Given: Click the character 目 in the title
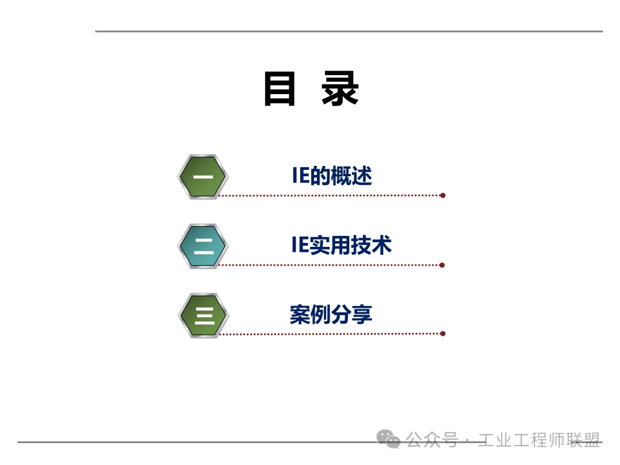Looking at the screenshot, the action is click(280, 90).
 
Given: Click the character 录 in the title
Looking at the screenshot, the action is click(340, 90).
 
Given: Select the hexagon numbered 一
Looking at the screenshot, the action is click(203, 177).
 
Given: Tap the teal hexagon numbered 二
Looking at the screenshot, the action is click(203, 246).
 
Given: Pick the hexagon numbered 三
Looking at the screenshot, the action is click(203, 315).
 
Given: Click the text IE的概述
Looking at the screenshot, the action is click(332, 176).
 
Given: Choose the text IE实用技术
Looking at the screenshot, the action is click(341, 245).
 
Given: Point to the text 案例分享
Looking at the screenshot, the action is click(331, 315).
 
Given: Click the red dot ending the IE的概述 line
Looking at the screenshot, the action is click(443, 195).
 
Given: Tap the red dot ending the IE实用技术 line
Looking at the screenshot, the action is click(442, 265).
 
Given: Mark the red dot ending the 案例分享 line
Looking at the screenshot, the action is click(442, 334).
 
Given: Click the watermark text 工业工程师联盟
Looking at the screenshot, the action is click(539, 440).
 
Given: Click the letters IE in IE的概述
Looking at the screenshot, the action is click(301, 176).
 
